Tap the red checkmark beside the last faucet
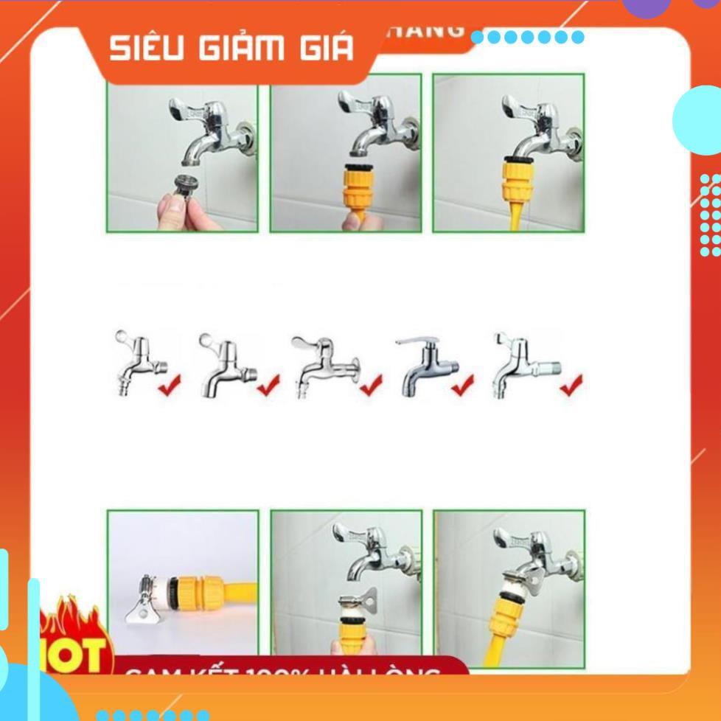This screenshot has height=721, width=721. tap(571, 384)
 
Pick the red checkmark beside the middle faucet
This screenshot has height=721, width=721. tap(370, 384)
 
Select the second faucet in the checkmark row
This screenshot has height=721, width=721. tap(226, 364)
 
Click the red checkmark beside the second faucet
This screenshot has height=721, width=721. tap(268, 384)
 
